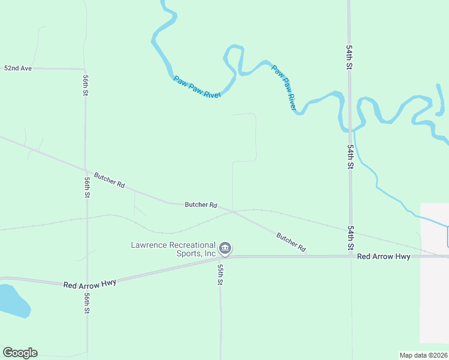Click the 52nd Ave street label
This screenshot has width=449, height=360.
click(x=17, y=68)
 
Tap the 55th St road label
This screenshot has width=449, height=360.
click(x=220, y=274)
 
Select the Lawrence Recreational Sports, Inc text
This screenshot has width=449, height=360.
click(x=173, y=249)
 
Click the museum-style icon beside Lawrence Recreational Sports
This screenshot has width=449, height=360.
click(x=225, y=248)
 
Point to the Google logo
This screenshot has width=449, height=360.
click(x=19, y=353)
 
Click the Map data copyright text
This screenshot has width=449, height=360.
click(x=423, y=355)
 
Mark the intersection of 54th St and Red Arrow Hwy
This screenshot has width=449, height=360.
click(x=351, y=256)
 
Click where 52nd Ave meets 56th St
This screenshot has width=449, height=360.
click(x=85, y=69)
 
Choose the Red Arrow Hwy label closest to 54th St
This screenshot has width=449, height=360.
click(x=384, y=256)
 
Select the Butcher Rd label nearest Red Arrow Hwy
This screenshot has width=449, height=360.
click(x=292, y=242)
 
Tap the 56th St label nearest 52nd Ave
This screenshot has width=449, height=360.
click(x=86, y=85)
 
